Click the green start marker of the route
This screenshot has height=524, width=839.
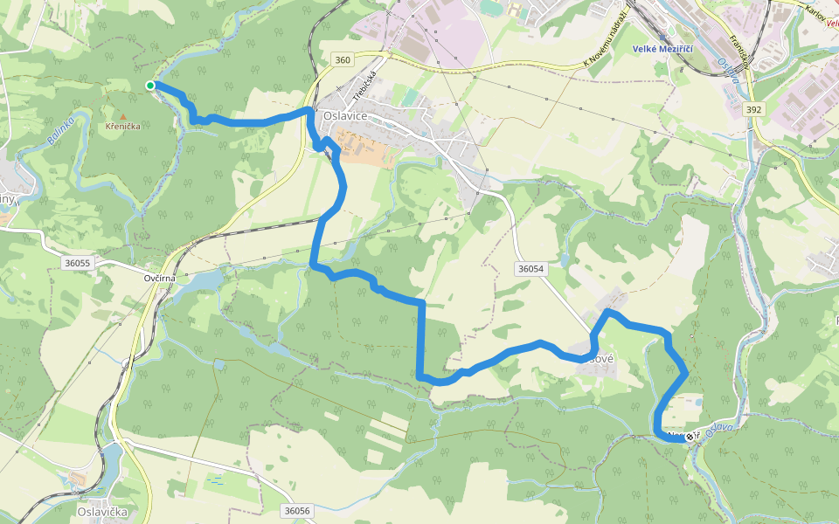point(150,85)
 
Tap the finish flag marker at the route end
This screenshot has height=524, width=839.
point(690,436)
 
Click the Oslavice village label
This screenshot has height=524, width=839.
point(344,114)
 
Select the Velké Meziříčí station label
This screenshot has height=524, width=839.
point(663,49)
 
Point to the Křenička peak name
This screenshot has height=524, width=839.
point(122,127)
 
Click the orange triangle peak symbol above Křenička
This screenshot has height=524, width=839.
point(122,116)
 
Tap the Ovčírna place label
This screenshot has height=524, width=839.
point(160,278)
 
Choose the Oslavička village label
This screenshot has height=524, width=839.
point(103,512)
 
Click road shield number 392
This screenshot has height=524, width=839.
point(754,110)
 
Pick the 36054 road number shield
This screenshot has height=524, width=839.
point(530,269)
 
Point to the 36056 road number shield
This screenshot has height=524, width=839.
point(298,510)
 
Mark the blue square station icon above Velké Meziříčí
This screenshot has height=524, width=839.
point(662,35)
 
